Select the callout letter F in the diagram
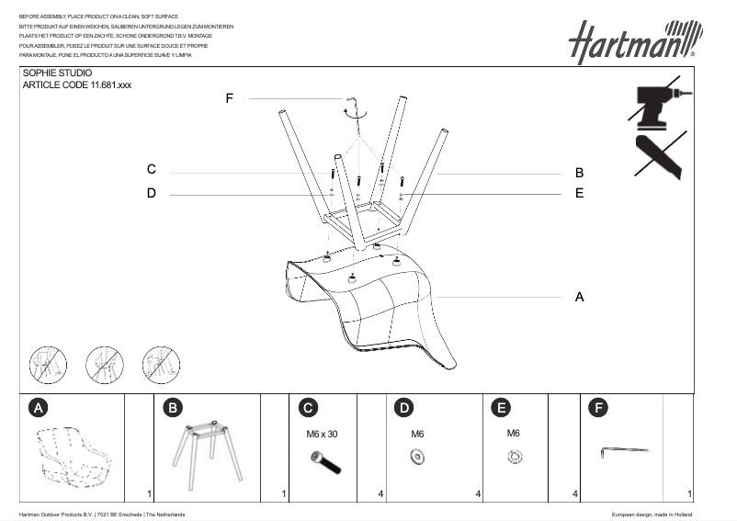(x=229, y=98)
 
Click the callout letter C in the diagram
(x=152, y=170)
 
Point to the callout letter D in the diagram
(x=152, y=193)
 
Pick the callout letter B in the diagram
(x=580, y=173)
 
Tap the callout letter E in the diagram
(x=580, y=193)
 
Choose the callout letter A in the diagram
(x=579, y=297)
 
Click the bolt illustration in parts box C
(x=327, y=463)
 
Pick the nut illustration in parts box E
(x=515, y=455)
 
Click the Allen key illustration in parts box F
(x=624, y=450)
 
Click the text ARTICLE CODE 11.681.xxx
(x=71, y=85)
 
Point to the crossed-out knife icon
(x=658, y=155)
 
